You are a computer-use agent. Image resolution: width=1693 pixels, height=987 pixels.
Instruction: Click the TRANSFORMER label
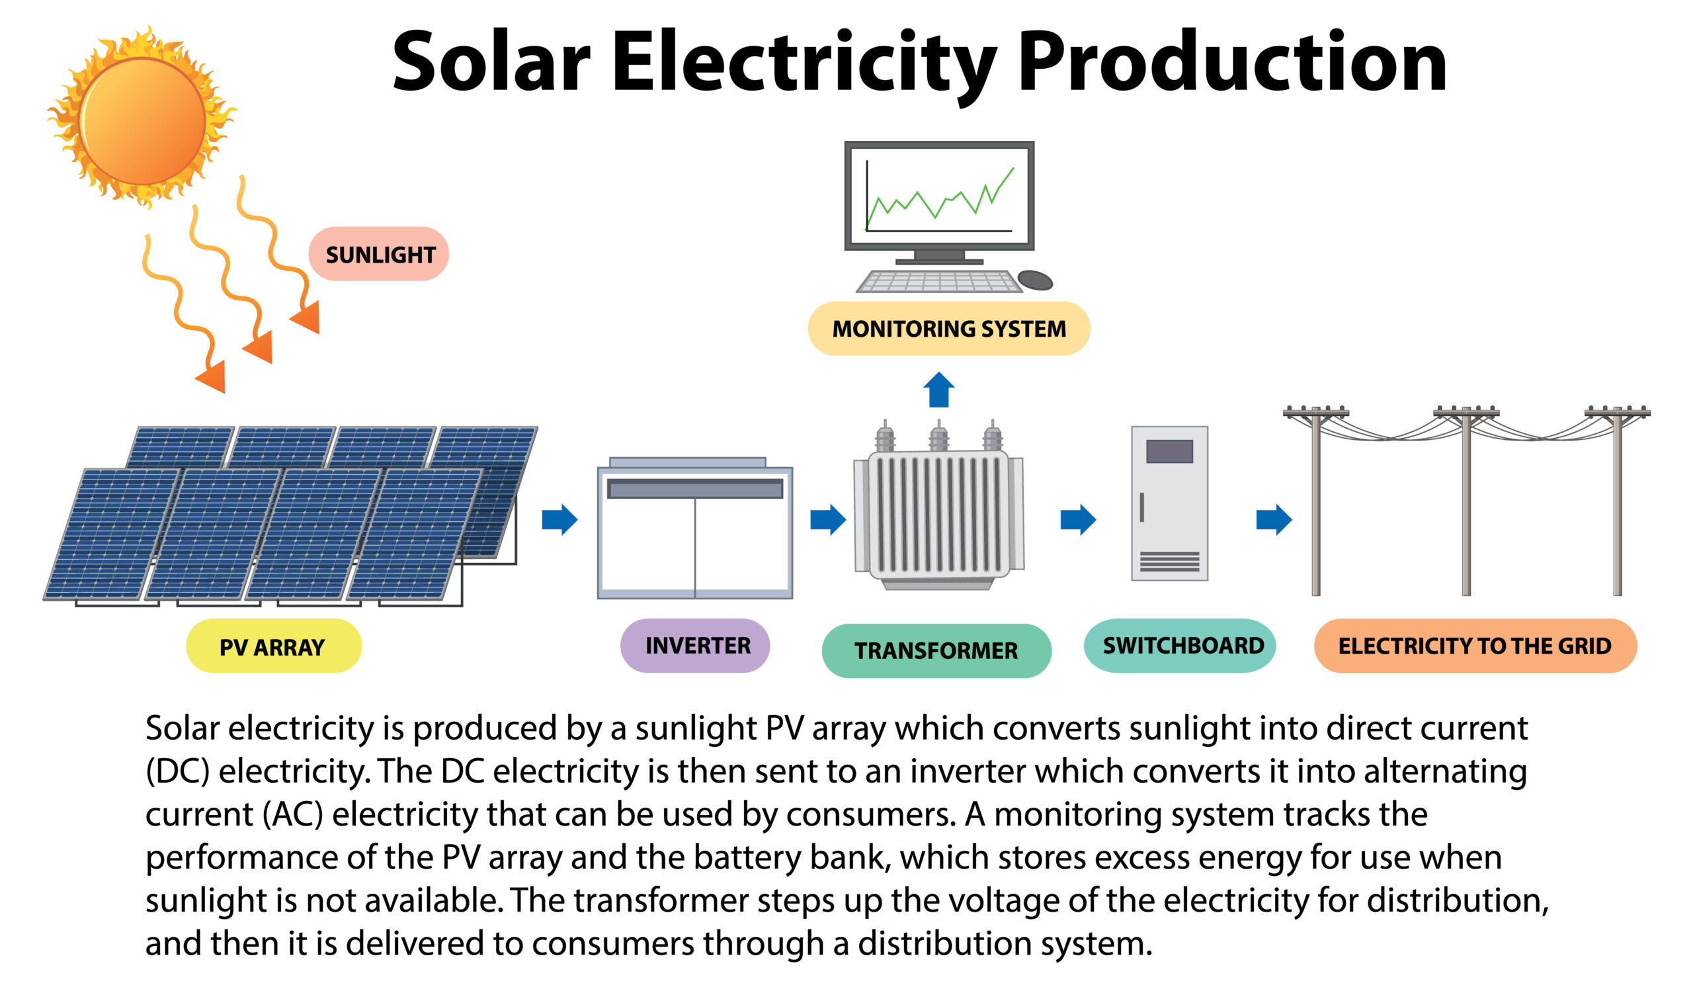tap(936, 650)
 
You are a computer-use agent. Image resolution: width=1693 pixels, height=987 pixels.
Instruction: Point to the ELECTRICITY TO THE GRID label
tap(1475, 646)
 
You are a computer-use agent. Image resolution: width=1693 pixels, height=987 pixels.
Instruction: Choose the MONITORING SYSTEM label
tap(948, 328)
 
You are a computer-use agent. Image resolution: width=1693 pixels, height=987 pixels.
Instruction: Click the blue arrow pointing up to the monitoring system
tap(938, 390)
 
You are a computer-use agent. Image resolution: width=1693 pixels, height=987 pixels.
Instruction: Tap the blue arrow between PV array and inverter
tap(559, 519)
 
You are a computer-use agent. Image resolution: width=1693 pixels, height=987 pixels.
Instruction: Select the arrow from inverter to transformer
tap(828, 519)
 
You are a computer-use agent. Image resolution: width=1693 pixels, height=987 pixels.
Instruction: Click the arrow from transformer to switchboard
tap(1078, 519)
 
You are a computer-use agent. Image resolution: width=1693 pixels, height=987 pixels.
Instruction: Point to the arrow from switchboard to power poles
tap(1274, 519)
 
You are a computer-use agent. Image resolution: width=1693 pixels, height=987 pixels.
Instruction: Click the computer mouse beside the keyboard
tap(1035, 280)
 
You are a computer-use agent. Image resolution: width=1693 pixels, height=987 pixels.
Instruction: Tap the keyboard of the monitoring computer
tap(939, 282)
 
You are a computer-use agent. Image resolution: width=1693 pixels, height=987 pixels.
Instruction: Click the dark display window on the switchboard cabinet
tap(1169, 452)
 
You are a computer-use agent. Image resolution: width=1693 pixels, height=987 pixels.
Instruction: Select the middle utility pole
tap(1466, 501)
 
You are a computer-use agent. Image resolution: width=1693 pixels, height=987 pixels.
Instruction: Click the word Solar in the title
tap(491, 62)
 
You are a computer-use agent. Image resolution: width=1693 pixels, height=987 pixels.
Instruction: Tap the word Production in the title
tap(1232, 62)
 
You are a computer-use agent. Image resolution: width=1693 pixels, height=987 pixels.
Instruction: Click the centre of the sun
tap(142, 121)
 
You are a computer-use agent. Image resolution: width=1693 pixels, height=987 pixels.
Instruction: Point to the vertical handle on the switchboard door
tap(1141, 507)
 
